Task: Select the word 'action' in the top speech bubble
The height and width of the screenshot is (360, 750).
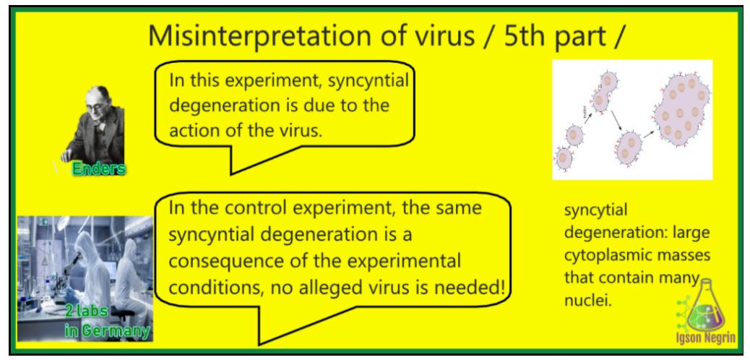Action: click(x=198, y=131)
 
